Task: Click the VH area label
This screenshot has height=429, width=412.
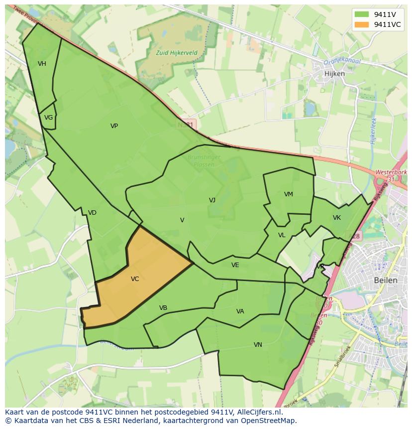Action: coord(42,64)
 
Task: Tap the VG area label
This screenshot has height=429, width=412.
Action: coord(48,118)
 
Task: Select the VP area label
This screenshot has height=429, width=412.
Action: coord(114,126)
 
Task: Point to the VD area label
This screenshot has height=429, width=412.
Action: coord(92,213)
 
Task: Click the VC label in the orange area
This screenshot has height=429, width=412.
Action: coord(135,279)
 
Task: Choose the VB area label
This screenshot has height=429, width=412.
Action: coord(163,308)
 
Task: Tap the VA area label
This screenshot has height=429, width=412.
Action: coord(240,311)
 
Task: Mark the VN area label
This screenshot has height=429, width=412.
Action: coord(258,345)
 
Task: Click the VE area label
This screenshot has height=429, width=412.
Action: coord(235,265)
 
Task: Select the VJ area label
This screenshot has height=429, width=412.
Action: coord(212,200)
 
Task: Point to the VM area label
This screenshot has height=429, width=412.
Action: coord(289,194)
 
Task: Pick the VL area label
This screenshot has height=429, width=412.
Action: coord(282,235)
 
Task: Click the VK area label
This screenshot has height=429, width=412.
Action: coord(337,218)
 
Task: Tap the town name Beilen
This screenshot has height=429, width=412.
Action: coord(386,280)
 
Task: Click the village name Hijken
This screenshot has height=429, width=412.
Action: coord(334,73)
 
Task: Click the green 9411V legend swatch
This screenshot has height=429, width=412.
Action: coord(362,14)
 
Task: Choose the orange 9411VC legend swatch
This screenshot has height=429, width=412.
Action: coord(362,24)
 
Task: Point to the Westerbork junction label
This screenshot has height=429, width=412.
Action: coord(391,172)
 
